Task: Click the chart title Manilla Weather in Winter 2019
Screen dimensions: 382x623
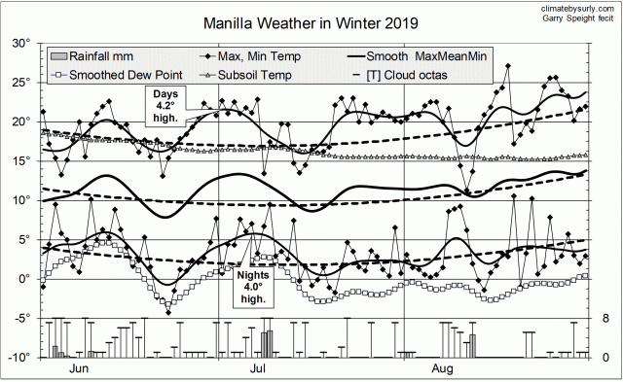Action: [x=303, y=21]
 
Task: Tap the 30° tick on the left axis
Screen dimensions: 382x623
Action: [x=18, y=43]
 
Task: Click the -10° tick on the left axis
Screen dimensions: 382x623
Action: [x=17, y=358]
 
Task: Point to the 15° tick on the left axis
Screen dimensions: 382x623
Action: [x=18, y=160]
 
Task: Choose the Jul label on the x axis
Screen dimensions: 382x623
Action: [x=259, y=369]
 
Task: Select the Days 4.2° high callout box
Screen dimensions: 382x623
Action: [x=164, y=100]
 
